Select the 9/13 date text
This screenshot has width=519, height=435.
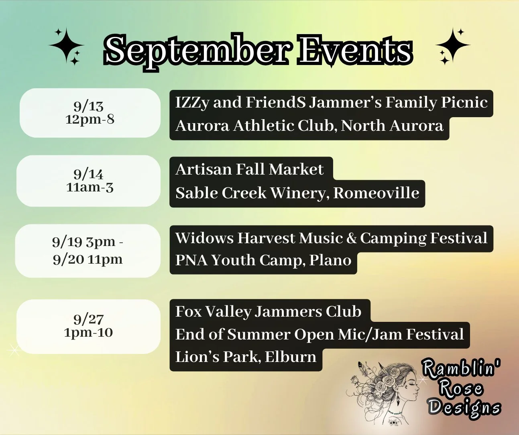coord(88,106)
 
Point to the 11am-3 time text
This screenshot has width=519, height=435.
coord(90,187)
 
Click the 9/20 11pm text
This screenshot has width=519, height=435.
coord(88,259)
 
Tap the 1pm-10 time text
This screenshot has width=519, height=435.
coord(88,333)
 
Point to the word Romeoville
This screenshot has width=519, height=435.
coord(376,193)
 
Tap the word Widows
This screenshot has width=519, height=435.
coord(204,238)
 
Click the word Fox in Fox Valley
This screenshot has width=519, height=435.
coord(188,311)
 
